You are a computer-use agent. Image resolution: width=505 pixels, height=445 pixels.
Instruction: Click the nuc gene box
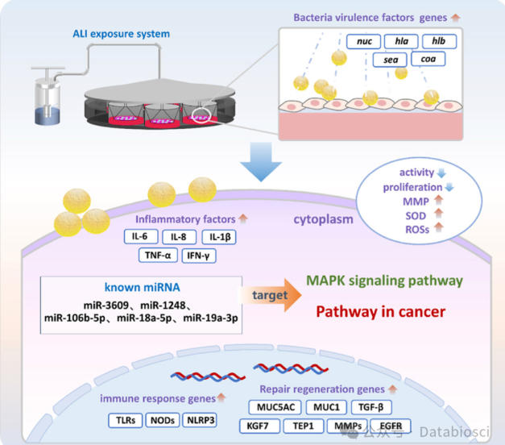363,41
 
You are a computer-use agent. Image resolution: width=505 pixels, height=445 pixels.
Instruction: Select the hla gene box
401,41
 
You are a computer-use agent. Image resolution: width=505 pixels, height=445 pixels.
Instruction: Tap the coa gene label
428,59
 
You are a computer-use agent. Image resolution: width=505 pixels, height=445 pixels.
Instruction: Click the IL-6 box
141,236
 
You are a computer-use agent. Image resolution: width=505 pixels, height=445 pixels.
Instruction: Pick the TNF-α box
158,256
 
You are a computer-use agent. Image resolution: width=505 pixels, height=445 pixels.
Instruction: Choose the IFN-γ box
198,256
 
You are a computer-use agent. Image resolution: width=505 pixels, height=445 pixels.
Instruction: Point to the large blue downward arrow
261,161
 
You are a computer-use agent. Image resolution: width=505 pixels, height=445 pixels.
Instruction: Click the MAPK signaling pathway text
384,281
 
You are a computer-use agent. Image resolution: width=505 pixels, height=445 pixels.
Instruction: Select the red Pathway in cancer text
381,311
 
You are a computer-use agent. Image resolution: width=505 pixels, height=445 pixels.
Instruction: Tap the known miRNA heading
142,287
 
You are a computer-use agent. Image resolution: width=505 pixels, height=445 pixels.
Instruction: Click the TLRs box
126,420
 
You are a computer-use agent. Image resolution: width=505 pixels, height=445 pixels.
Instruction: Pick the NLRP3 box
201,420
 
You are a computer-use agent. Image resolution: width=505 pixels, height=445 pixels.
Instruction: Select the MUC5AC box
275,407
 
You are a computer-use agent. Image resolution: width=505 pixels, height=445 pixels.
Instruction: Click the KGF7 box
258,426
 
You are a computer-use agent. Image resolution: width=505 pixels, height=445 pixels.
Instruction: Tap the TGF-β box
371,407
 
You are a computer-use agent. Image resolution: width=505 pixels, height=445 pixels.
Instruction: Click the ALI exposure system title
121,34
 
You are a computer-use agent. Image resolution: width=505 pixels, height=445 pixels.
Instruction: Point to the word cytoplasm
323,219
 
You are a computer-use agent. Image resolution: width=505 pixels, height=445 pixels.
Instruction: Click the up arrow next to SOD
439,213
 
